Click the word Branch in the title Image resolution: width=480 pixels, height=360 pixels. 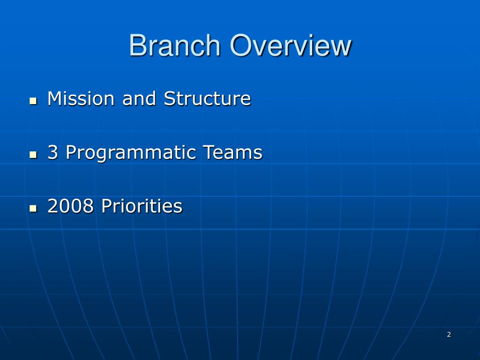coord(174,46)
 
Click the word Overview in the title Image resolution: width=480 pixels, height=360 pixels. coord(290,46)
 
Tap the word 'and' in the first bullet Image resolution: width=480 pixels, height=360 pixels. coord(139,99)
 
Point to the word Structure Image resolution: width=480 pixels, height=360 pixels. coord(207,99)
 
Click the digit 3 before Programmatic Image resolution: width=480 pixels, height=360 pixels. coord(52,153)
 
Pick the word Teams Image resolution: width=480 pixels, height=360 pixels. coord(232,153)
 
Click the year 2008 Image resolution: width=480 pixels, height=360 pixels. coord(71,206)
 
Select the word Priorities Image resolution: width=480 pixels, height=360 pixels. coord(142,206)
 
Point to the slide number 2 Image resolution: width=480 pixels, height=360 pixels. coord(449,334)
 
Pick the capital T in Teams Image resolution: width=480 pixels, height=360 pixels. coord(208,153)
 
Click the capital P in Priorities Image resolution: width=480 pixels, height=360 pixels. coord(106,206)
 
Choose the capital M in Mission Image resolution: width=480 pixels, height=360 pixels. coord(55,99)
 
